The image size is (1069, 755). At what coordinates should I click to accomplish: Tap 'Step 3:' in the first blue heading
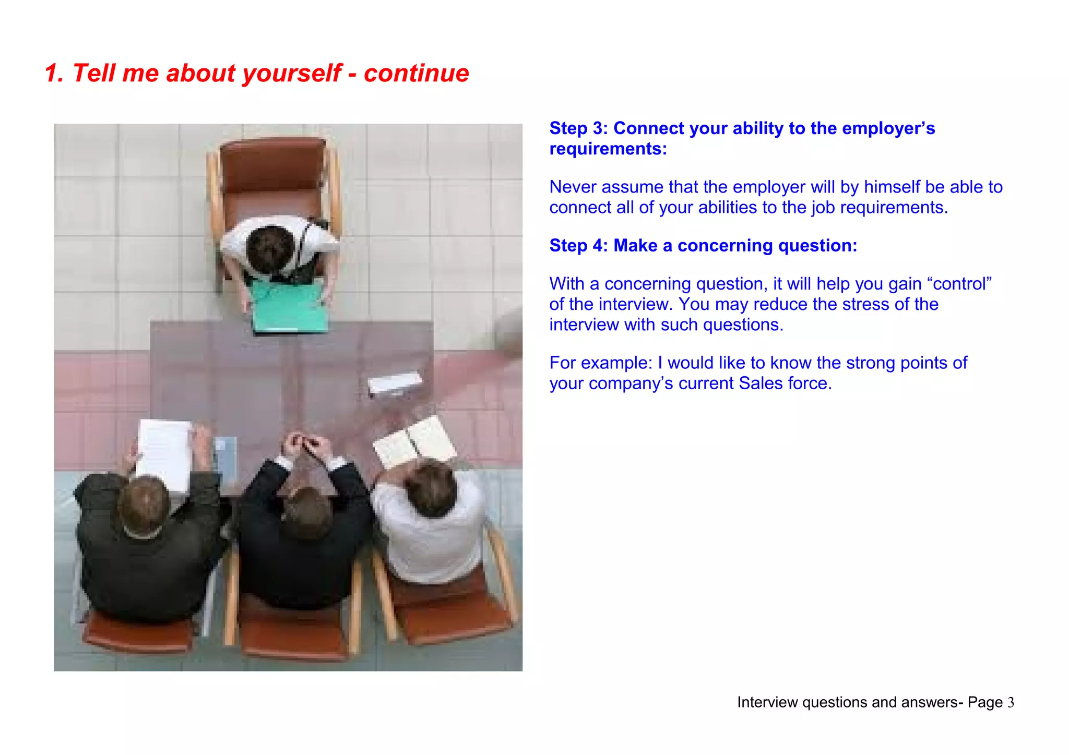(x=578, y=128)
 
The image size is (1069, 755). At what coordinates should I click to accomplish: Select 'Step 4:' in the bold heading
(x=578, y=246)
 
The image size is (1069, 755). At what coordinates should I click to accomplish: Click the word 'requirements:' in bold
(x=608, y=149)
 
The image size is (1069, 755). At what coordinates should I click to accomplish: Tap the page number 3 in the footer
(x=1011, y=703)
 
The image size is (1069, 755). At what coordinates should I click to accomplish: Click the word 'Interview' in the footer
(x=767, y=703)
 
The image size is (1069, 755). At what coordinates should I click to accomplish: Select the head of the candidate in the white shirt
(x=270, y=248)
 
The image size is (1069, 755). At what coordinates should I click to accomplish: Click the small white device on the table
(x=395, y=384)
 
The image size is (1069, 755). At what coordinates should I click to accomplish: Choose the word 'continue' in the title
(x=416, y=73)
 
